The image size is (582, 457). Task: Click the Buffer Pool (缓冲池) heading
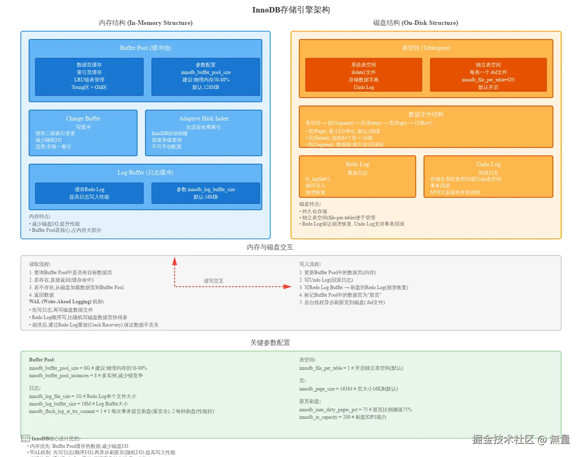[x=145, y=48]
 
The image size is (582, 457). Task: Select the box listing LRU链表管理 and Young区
[x=89, y=76]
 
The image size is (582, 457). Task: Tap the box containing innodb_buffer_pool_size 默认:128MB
[x=206, y=76]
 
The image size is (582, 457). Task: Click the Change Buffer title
[x=83, y=119]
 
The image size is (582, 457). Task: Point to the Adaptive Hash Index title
[x=204, y=119]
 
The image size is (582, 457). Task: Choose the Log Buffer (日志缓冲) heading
[x=145, y=173]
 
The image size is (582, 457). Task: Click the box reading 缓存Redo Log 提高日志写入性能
[x=89, y=193]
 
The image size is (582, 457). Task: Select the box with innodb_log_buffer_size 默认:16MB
[x=206, y=193]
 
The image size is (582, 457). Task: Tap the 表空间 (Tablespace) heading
[x=426, y=48]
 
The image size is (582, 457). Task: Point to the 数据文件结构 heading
[x=426, y=115]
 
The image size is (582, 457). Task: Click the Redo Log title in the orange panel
[x=358, y=165]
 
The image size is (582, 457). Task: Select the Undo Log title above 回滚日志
[x=488, y=165]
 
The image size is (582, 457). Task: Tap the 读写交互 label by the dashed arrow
[x=214, y=281]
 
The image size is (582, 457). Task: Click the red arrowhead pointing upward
[x=175, y=261]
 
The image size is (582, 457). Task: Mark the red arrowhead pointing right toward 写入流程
[x=287, y=287]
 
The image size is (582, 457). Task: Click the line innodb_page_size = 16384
[x=348, y=389]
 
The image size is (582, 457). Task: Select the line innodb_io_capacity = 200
[x=343, y=418]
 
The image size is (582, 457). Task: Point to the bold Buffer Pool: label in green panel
[x=42, y=360]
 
